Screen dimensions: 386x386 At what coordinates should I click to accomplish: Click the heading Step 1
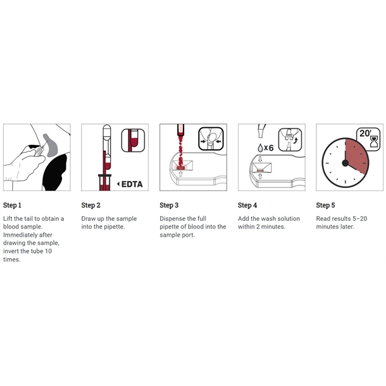pyautogui.click(x=12, y=205)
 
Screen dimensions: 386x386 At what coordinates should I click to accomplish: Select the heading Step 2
pyautogui.click(x=91, y=205)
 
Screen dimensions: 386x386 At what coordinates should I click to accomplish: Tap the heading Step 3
pyautogui.click(x=169, y=205)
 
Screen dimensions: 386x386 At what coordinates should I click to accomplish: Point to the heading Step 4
pyautogui.click(x=247, y=205)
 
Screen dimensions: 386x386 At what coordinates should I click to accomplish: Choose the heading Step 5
pyautogui.click(x=325, y=205)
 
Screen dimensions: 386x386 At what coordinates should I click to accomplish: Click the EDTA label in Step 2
pyautogui.click(x=132, y=184)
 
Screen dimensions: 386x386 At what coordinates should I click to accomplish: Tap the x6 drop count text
pyautogui.click(x=268, y=147)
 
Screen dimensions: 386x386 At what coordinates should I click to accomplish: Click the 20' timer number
pyautogui.click(x=365, y=133)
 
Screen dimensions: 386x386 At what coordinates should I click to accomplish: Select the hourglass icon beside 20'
pyautogui.click(x=375, y=142)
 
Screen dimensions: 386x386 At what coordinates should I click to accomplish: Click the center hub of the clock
pyautogui.click(x=346, y=163)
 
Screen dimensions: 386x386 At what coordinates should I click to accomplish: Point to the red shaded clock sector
pyautogui.click(x=356, y=156)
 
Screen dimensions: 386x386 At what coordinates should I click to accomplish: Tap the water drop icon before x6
pyautogui.click(x=260, y=147)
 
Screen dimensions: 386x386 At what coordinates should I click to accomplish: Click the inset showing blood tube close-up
pyautogui.click(x=133, y=140)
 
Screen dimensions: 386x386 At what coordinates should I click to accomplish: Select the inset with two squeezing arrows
pyautogui.click(x=211, y=139)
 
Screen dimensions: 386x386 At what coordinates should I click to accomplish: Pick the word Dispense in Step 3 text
pyautogui.click(x=172, y=218)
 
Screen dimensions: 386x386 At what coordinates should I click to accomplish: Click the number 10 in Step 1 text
pyautogui.click(x=48, y=251)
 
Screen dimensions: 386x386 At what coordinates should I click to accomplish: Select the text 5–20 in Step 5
pyautogui.click(x=359, y=218)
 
